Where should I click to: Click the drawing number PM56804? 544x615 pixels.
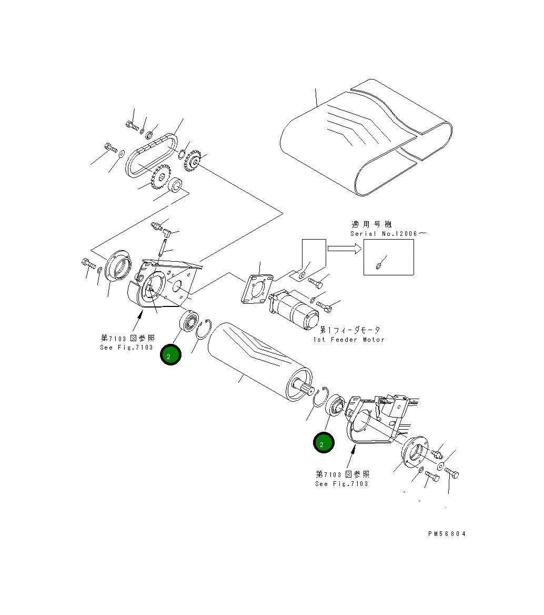click(x=447, y=533)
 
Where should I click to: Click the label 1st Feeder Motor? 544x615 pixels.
click(x=351, y=340)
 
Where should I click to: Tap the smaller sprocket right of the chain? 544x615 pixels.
click(x=193, y=161)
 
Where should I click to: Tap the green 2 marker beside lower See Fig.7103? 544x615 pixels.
click(x=323, y=443)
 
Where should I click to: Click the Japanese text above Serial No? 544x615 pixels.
click(x=371, y=224)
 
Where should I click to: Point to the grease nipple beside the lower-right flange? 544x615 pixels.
click(x=437, y=452)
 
